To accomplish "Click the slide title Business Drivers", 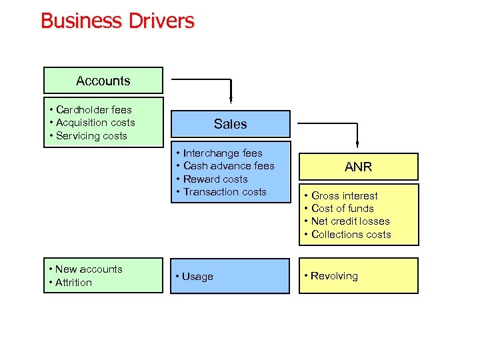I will (117, 21).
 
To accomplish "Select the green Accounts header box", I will (103, 81).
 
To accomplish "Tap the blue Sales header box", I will (231, 124).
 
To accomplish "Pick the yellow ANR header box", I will (358, 167).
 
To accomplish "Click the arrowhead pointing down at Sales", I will (231, 101).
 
